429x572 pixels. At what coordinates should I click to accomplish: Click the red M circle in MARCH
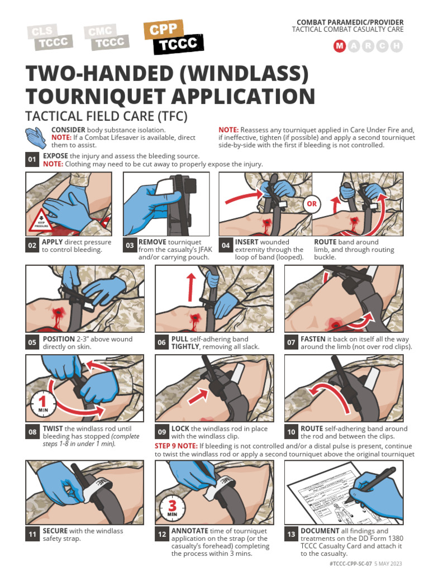pyautogui.click(x=340, y=46)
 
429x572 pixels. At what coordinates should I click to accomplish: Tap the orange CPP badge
pyautogui.click(x=163, y=29)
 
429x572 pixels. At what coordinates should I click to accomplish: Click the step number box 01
pyautogui.click(x=32, y=159)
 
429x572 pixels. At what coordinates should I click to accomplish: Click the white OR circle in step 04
pyautogui.click(x=312, y=203)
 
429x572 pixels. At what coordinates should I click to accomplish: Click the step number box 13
pyautogui.click(x=291, y=535)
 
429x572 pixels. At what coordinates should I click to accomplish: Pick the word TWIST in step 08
pyautogui.click(x=53, y=428)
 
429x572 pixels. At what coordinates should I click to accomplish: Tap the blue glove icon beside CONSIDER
pyautogui.click(x=35, y=137)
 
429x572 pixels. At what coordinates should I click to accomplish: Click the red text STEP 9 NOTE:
pyautogui.click(x=176, y=446)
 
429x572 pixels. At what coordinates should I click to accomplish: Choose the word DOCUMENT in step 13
pyautogui.click(x=320, y=531)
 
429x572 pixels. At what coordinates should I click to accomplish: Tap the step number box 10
pyautogui.click(x=291, y=432)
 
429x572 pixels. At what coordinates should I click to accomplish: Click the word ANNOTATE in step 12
pyautogui.click(x=189, y=531)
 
